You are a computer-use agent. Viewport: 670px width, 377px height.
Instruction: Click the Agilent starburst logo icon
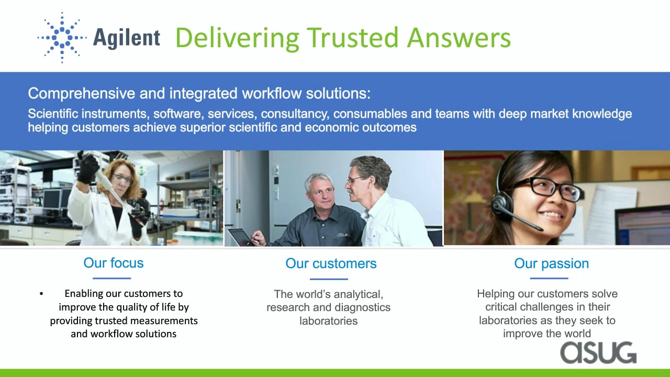(62, 38)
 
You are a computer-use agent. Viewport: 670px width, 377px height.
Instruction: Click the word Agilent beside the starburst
(127, 38)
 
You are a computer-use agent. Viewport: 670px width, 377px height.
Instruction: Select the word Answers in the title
(459, 38)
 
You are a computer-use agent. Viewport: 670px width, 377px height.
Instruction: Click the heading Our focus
(114, 263)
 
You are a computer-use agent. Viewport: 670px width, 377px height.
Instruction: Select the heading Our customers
(331, 263)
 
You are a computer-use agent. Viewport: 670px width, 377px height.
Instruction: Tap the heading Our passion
(551, 263)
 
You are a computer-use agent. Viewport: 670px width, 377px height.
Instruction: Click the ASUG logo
(598, 353)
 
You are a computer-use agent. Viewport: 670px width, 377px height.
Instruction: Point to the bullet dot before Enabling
(41, 294)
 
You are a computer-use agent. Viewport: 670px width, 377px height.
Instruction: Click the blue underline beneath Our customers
(329, 279)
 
